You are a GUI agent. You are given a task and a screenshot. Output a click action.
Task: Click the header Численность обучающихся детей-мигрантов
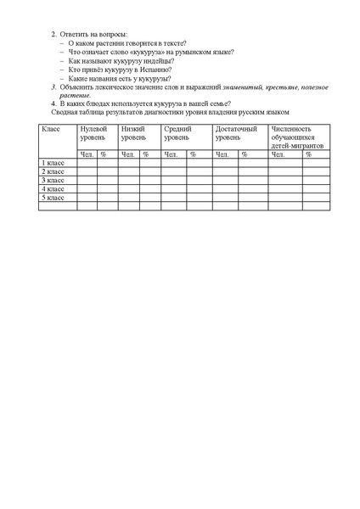point(293,136)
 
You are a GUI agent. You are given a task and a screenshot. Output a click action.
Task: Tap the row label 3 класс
point(52,180)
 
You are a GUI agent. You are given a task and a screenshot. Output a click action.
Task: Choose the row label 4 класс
point(52,188)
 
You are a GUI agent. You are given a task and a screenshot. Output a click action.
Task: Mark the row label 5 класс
point(52,197)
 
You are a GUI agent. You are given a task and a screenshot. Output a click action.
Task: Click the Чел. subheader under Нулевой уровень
point(87,154)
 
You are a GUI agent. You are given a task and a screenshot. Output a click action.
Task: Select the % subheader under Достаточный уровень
point(245,154)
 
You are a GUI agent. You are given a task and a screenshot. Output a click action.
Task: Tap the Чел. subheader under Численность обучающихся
point(278,154)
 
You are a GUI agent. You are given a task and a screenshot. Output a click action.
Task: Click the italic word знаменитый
point(240,87)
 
